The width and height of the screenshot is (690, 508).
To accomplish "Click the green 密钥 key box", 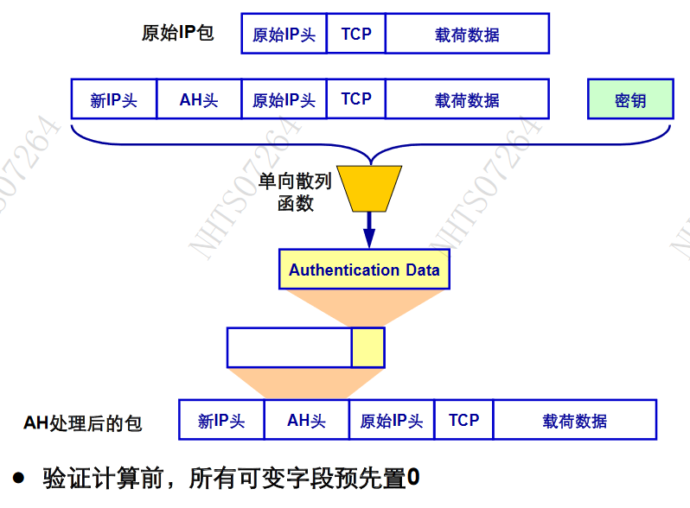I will point(630,99).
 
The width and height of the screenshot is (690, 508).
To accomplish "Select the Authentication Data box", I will point(364,270).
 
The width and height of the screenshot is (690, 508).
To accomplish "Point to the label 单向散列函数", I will point(295,193).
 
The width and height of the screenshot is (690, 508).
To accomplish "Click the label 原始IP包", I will point(177,34).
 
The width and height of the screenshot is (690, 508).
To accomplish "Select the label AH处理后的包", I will point(83,422).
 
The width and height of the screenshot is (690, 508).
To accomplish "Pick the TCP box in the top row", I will point(356,34).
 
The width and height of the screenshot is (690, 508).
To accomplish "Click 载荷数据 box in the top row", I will point(467,34).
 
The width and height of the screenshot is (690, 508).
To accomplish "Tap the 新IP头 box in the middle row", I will point(113,99).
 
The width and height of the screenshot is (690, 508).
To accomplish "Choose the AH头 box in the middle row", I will point(199,99).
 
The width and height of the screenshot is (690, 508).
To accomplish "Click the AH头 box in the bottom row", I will point(306,420).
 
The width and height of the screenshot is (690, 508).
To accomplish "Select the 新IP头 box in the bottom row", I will point(221,420).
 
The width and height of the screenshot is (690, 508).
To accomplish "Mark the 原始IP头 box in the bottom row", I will point(391,420).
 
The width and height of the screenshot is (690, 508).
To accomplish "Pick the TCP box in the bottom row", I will point(463,420).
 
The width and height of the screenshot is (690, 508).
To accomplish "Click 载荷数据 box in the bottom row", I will point(574,420).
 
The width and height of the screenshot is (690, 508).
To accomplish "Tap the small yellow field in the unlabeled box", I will point(367,347).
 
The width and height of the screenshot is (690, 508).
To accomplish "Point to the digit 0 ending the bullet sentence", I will point(413,477).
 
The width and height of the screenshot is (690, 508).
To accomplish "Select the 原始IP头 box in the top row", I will point(284,34).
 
